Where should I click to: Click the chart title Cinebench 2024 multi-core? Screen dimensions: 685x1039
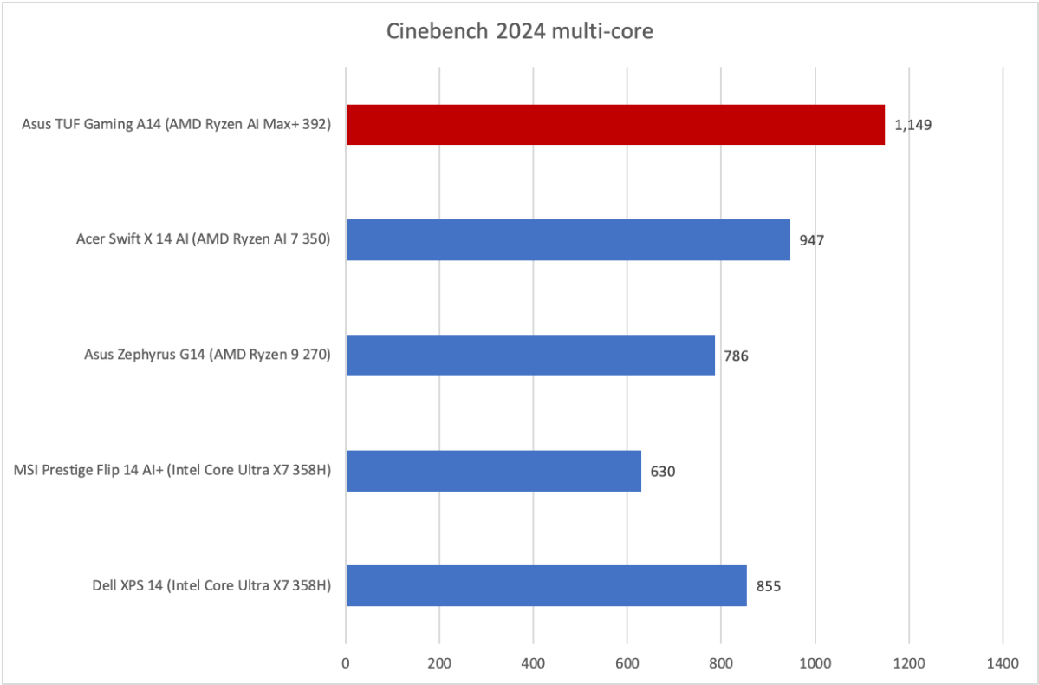[519, 33]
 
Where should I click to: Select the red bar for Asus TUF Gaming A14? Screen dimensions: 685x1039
[615, 125]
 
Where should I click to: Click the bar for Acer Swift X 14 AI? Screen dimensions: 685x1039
[568, 240]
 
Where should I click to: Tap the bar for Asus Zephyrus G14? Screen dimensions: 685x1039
[530, 356]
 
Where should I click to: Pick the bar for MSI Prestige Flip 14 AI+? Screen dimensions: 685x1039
[493, 471]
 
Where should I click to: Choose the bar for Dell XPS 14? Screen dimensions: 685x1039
[546, 586]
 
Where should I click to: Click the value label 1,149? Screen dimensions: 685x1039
[912, 125]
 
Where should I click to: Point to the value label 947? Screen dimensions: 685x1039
[812, 240]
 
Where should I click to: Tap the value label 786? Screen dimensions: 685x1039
[737, 356]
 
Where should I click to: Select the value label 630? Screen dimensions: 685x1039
[663, 472]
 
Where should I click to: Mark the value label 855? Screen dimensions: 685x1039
[769, 587]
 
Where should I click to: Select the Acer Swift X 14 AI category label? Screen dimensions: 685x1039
[203, 240]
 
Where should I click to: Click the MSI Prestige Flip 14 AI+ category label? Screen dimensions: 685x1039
[172, 471]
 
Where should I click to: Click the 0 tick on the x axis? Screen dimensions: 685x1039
[346, 663]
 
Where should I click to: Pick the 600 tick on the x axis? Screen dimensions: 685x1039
[627, 663]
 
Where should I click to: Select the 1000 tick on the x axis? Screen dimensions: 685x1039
[815, 663]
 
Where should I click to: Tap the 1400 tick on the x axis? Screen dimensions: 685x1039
[1002, 663]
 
